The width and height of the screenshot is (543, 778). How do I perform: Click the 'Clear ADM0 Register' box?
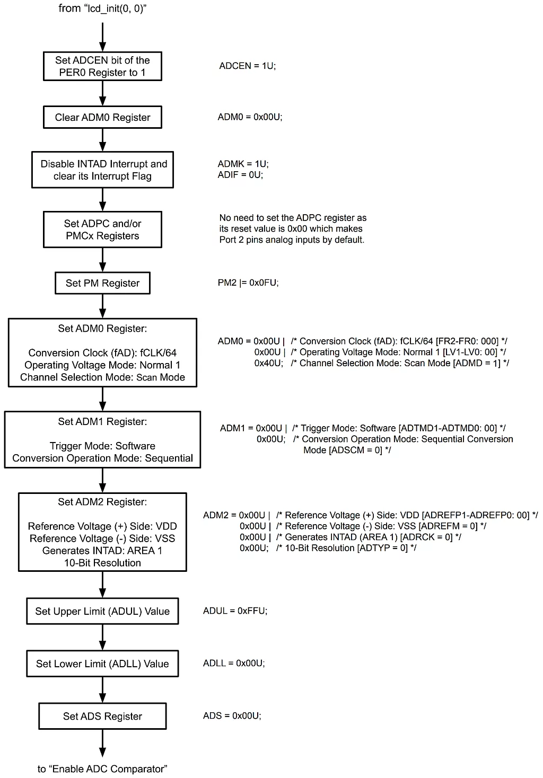pos(102,117)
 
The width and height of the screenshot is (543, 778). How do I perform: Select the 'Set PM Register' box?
pos(102,283)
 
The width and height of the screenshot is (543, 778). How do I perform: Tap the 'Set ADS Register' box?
pos(102,716)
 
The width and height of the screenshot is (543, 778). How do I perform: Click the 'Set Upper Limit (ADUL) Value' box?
pos(102,611)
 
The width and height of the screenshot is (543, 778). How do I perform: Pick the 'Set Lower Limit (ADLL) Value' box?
pos(102,664)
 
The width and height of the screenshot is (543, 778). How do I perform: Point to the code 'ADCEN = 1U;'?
pos(247,66)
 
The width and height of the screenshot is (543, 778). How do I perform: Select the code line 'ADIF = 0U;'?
pos(240,175)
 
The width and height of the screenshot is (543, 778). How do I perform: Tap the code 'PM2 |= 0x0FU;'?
pos(248,283)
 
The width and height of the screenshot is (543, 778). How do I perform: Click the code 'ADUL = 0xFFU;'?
pos(235,611)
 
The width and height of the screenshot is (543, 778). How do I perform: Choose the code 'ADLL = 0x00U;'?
pos(234,663)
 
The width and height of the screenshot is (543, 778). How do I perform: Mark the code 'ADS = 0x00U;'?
pos(232,716)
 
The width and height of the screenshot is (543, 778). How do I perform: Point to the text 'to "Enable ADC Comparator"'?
pos(102,768)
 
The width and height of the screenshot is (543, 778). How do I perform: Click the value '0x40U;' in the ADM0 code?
pos(268,364)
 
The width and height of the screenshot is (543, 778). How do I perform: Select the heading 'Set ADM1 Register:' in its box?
pos(102,422)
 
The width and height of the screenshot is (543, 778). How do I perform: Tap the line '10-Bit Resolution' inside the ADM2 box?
pos(102,563)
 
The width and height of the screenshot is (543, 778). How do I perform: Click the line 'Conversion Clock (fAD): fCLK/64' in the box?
pos(102,353)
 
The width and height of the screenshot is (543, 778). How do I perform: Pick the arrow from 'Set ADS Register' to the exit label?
pos(102,743)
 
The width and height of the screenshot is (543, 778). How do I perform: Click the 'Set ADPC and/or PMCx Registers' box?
pos(102,229)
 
